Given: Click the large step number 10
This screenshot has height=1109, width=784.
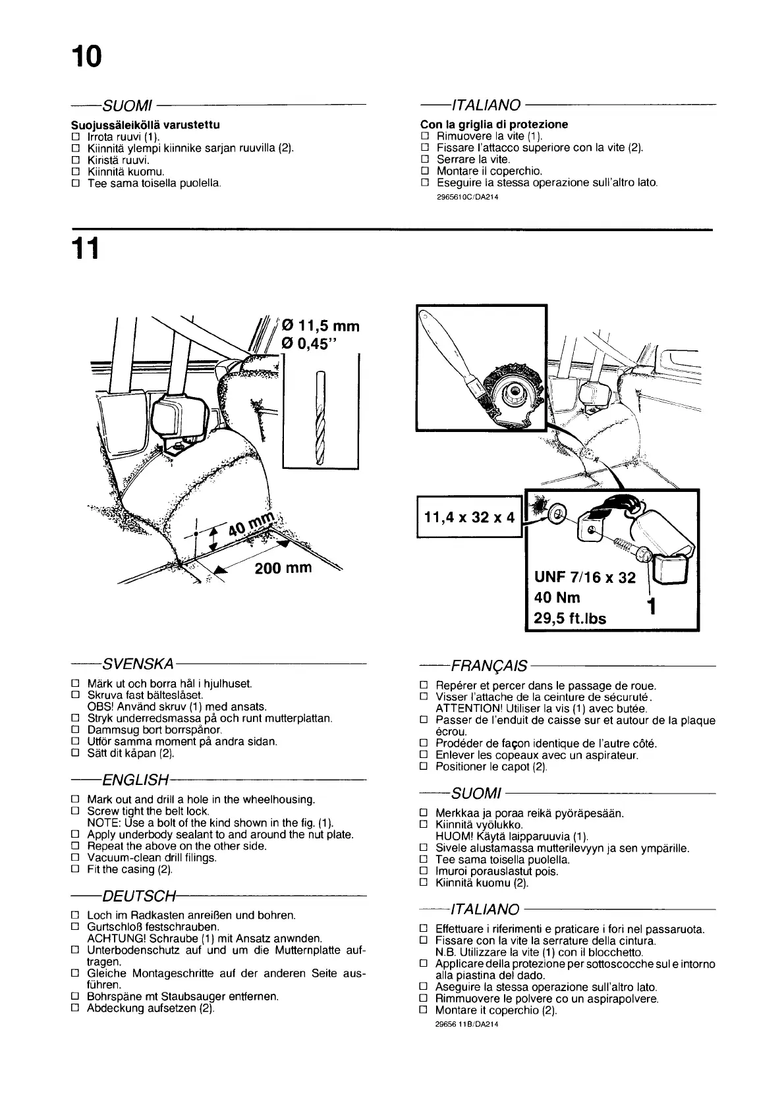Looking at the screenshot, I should [87, 57].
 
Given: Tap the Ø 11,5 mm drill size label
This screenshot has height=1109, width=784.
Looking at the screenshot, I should [320, 326].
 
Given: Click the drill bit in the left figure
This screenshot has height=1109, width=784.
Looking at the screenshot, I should [320, 418].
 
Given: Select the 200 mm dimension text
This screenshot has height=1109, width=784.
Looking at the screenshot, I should [283, 567].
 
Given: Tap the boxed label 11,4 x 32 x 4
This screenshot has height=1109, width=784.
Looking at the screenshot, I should [469, 516].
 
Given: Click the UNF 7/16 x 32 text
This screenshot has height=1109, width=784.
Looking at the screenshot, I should [584, 578].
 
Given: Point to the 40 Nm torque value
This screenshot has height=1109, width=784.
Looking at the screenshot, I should [557, 598].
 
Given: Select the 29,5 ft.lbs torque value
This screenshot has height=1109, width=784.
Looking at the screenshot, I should [570, 618].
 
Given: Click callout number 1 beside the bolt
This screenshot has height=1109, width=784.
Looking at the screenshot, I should [651, 605].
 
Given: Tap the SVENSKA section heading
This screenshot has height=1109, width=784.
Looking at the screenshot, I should [137, 662].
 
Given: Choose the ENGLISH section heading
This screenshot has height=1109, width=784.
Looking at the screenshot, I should [135, 780].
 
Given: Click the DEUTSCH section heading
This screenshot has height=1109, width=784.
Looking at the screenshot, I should [139, 896].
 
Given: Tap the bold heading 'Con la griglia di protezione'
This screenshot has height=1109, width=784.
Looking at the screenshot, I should [493, 124].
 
